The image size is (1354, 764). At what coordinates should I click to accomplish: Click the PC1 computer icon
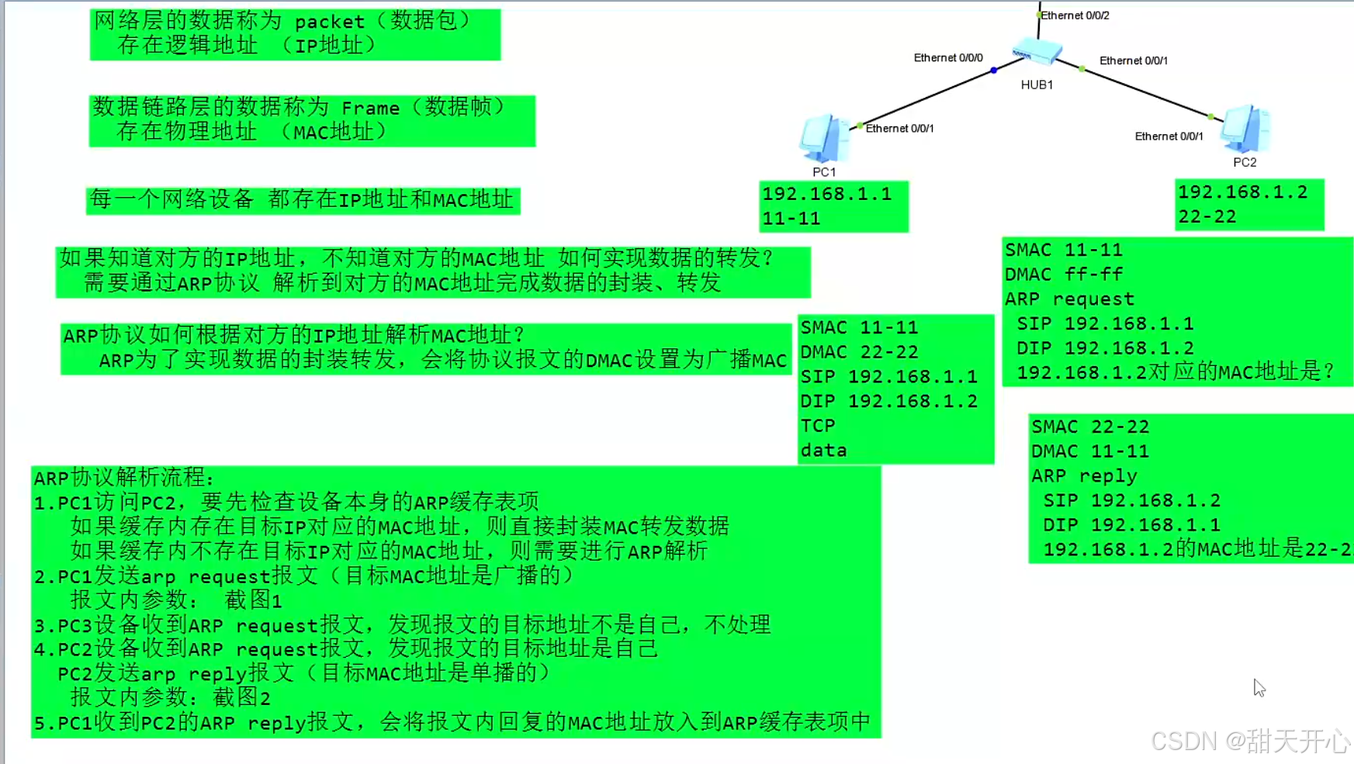(x=823, y=138)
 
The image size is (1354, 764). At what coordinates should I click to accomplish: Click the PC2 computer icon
(x=1245, y=129)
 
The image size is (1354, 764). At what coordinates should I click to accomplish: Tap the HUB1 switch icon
(x=1037, y=52)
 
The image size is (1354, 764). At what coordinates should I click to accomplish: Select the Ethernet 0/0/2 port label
(x=1075, y=16)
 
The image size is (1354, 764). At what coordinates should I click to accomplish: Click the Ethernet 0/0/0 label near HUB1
(x=947, y=58)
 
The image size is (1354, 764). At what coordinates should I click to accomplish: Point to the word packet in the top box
(x=330, y=22)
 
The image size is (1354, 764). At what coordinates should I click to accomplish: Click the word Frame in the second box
(x=370, y=108)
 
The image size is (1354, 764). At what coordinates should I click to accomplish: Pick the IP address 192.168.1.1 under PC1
(x=827, y=194)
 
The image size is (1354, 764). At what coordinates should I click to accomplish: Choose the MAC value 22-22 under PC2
(x=1207, y=217)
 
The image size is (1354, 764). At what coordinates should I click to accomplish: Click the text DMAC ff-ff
(x=1063, y=275)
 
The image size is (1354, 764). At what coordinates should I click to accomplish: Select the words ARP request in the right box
(x=1069, y=299)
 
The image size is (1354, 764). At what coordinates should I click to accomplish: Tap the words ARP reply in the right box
(x=1084, y=476)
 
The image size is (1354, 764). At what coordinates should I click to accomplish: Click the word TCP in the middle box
(x=818, y=426)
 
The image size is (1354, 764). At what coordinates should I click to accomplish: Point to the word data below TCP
(x=823, y=451)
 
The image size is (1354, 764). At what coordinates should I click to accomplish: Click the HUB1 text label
(x=1037, y=85)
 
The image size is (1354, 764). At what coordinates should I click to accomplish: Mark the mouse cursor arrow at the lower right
(x=1258, y=687)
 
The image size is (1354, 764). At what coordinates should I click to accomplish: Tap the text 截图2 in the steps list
(x=242, y=698)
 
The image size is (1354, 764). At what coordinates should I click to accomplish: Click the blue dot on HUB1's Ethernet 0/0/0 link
(x=994, y=71)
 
